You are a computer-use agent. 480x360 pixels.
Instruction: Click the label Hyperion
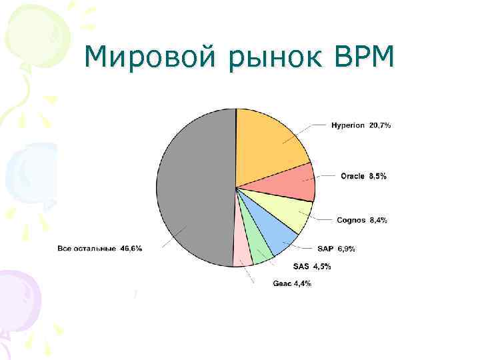pyautogui.click(x=348, y=125)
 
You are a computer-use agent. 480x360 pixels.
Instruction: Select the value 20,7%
pyautogui.click(x=380, y=125)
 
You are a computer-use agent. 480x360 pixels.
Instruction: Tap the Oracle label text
pyautogui.click(x=353, y=176)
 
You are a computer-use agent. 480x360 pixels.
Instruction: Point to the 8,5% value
pyautogui.click(x=378, y=176)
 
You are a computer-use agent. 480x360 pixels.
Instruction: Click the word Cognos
pyautogui.click(x=351, y=220)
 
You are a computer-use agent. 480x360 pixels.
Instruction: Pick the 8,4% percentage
pyautogui.click(x=379, y=220)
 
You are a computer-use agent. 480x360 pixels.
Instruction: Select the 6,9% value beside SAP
pyautogui.click(x=347, y=249)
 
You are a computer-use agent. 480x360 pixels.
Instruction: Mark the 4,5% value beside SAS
pyautogui.click(x=322, y=267)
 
